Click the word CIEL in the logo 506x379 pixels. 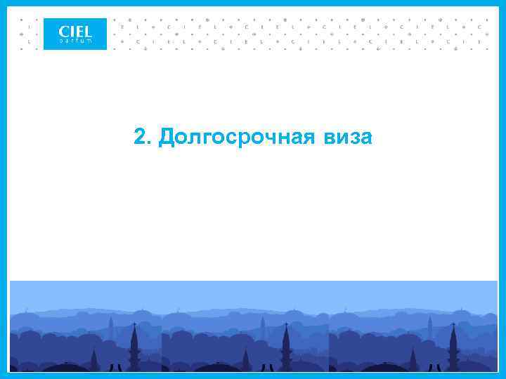(75, 31)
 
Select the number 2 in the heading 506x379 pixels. (140, 138)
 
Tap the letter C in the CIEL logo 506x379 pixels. (64, 31)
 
